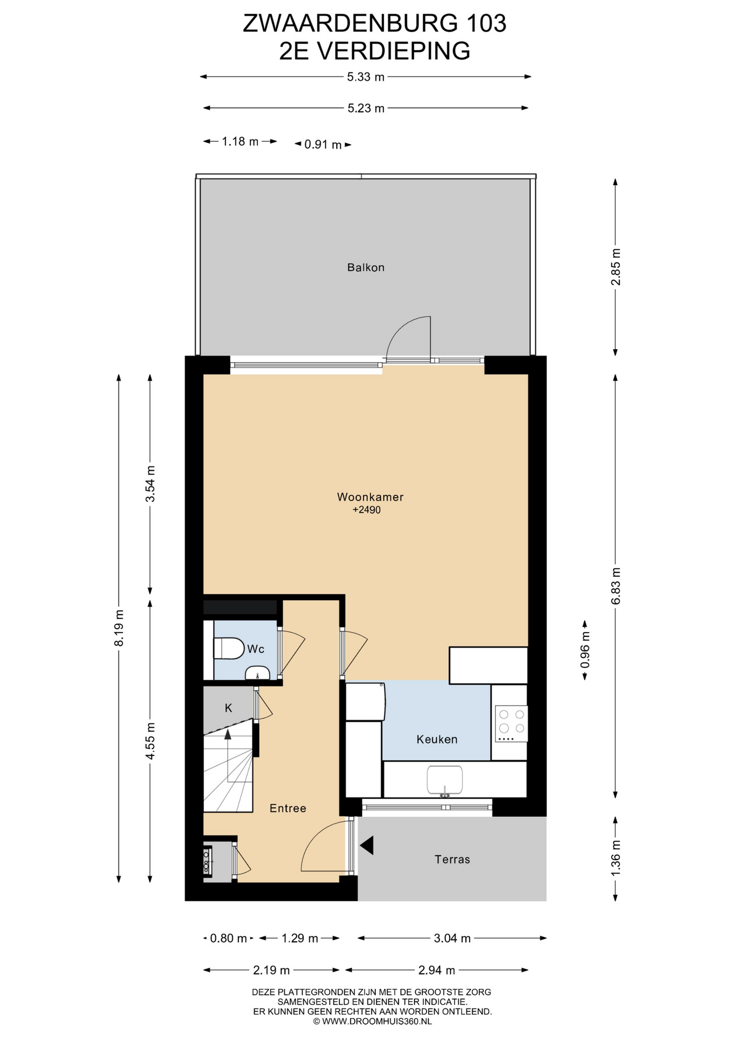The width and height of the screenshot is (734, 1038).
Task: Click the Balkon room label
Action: point(366,267)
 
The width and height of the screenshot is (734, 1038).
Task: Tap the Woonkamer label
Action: point(370,497)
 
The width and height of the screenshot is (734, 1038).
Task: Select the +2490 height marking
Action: point(366,510)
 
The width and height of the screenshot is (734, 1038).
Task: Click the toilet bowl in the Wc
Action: point(229,648)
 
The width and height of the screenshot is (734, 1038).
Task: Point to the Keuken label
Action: point(437,739)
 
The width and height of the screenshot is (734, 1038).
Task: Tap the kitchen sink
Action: point(444,781)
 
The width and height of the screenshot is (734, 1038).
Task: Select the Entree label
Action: point(288,808)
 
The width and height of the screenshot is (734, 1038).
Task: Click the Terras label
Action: point(452,859)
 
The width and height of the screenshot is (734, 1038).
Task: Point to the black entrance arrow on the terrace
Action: point(367,845)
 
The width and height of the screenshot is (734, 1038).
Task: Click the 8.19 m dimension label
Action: point(119,628)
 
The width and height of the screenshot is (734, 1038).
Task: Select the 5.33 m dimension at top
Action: point(366,77)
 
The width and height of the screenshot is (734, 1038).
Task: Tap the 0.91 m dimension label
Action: point(323,145)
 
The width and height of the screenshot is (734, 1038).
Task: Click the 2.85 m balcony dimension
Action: point(616,267)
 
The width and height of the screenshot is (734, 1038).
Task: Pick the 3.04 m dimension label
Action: point(452,938)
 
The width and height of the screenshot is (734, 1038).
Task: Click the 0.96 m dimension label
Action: point(585,650)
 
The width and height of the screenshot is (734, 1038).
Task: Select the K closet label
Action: point(229,708)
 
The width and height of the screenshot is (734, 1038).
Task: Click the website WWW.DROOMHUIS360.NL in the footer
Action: point(377,1021)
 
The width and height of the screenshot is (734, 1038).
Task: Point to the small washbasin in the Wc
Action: point(258,673)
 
